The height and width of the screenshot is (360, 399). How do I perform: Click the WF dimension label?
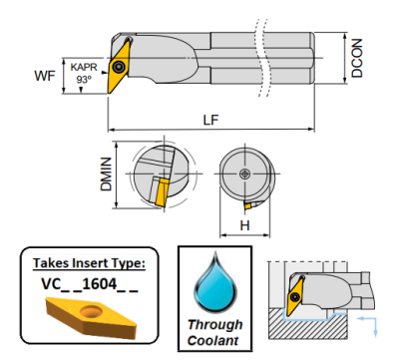(x=45, y=76)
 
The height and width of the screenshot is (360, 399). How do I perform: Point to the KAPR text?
(x=84, y=67)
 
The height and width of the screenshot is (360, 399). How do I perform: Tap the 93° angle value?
(x=84, y=80)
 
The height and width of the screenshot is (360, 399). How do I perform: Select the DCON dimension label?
(x=357, y=58)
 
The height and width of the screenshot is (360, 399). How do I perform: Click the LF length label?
(x=210, y=120)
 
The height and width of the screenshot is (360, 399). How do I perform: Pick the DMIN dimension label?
(x=106, y=175)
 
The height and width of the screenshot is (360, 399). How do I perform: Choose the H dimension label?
(x=244, y=226)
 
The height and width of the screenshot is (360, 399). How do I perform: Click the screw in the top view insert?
(x=118, y=67)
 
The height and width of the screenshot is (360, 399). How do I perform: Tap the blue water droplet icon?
(x=215, y=281)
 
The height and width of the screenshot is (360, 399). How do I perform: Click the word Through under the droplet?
(x=214, y=324)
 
